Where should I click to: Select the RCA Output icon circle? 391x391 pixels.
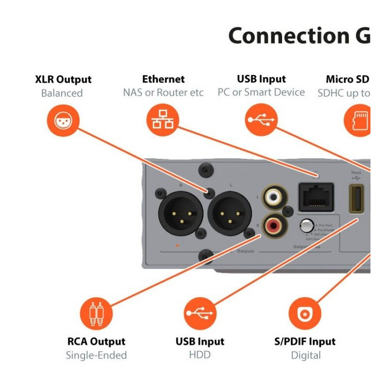(x=96, y=313)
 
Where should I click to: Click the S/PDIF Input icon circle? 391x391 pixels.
(x=305, y=313)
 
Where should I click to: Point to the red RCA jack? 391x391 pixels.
(x=272, y=225)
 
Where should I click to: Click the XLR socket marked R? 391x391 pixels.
(x=181, y=213)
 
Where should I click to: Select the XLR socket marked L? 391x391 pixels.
(x=230, y=213)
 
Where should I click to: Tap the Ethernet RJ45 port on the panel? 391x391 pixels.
(x=316, y=196)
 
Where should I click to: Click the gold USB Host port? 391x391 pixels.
(x=356, y=198)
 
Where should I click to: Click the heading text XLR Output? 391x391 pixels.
(x=63, y=80)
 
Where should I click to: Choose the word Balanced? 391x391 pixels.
(x=62, y=93)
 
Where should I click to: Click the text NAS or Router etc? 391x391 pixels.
(x=163, y=92)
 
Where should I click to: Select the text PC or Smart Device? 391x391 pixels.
(x=261, y=92)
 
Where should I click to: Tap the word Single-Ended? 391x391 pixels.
(x=96, y=355)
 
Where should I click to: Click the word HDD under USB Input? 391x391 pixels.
(x=199, y=355)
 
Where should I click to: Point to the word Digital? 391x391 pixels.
(x=306, y=355)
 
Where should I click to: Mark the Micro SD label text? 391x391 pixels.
(x=348, y=79)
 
